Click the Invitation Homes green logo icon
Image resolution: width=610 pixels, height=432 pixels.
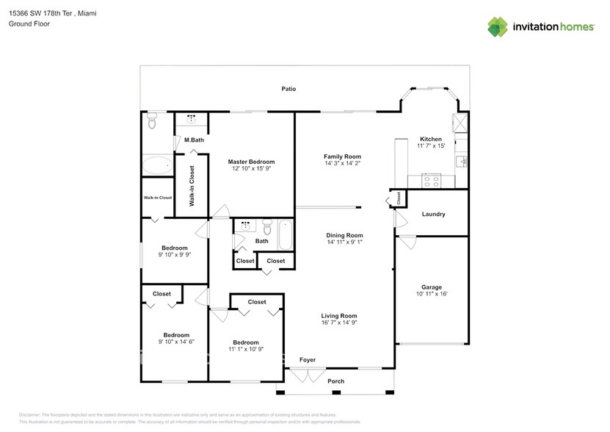[x=498, y=26]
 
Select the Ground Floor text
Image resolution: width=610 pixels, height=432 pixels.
[x=26, y=24]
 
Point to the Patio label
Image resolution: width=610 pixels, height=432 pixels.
[x=288, y=89]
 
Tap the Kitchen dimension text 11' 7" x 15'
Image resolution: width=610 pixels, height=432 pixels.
[x=431, y=146]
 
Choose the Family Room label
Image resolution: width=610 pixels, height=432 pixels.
[x=343, y=156]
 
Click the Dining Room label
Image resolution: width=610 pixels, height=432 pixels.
[x=344, y=235]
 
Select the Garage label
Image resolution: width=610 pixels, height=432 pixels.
[x=431, y=287]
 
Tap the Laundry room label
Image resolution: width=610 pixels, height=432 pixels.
[x=433, y=215]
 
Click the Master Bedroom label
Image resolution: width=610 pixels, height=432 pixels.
[x=251, y=162]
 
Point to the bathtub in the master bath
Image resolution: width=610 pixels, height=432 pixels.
[x=156, y=165]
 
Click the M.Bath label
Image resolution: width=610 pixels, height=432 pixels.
[x=194, y=140]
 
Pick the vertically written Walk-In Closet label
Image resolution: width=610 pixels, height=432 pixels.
[x=192, y=186]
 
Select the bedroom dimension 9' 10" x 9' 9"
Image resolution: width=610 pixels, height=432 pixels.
[x=175, y=255]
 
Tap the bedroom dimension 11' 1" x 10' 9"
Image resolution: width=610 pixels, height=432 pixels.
[x=245, y=349]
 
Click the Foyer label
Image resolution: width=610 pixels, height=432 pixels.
[x=307, y=360]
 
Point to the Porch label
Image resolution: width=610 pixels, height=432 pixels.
[x=335, y=381]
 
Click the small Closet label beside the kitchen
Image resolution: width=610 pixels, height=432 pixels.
[x=399, y=197]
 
